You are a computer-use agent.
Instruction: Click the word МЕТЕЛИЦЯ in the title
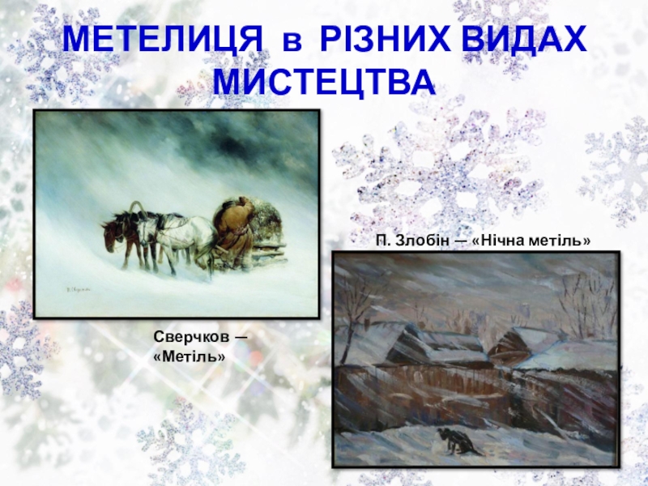pos(163,39)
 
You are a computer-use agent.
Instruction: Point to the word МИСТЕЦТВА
pos(324,82)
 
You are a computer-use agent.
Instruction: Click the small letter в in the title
pos(292,43)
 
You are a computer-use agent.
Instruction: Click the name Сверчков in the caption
pos(191,337)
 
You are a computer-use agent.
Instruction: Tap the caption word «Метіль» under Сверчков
pos(190,356)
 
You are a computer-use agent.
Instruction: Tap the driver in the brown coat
pos(236,232)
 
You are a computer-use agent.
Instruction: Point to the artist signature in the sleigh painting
pos(78,291)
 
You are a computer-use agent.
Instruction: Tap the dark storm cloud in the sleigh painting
pos(232,140)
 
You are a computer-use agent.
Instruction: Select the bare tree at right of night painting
pos(586,301)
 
